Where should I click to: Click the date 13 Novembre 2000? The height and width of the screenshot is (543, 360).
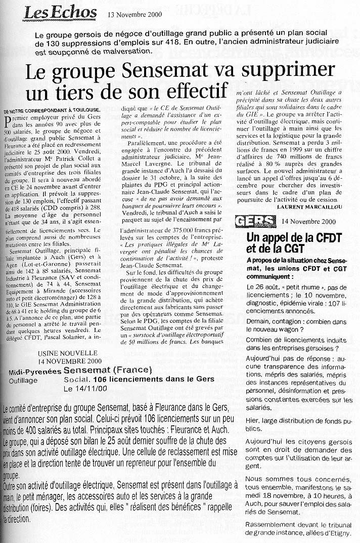coord(138,14)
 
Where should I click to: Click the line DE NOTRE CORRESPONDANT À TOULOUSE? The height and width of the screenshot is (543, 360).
coord(52,110)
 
